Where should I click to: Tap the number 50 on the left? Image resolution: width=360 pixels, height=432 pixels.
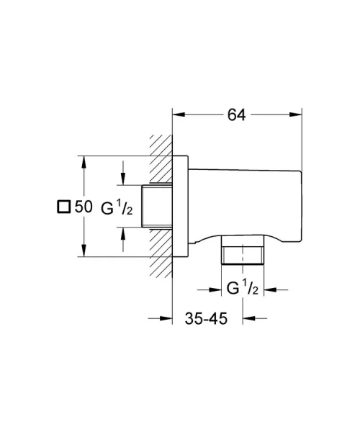pos(84,207)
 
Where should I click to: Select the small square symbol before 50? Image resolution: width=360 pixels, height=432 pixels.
pos(63,207)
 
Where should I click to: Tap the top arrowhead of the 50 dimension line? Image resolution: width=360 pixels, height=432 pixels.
pos(85,161)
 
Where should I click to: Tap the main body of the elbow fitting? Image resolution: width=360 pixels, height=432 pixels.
pos(245,202)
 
